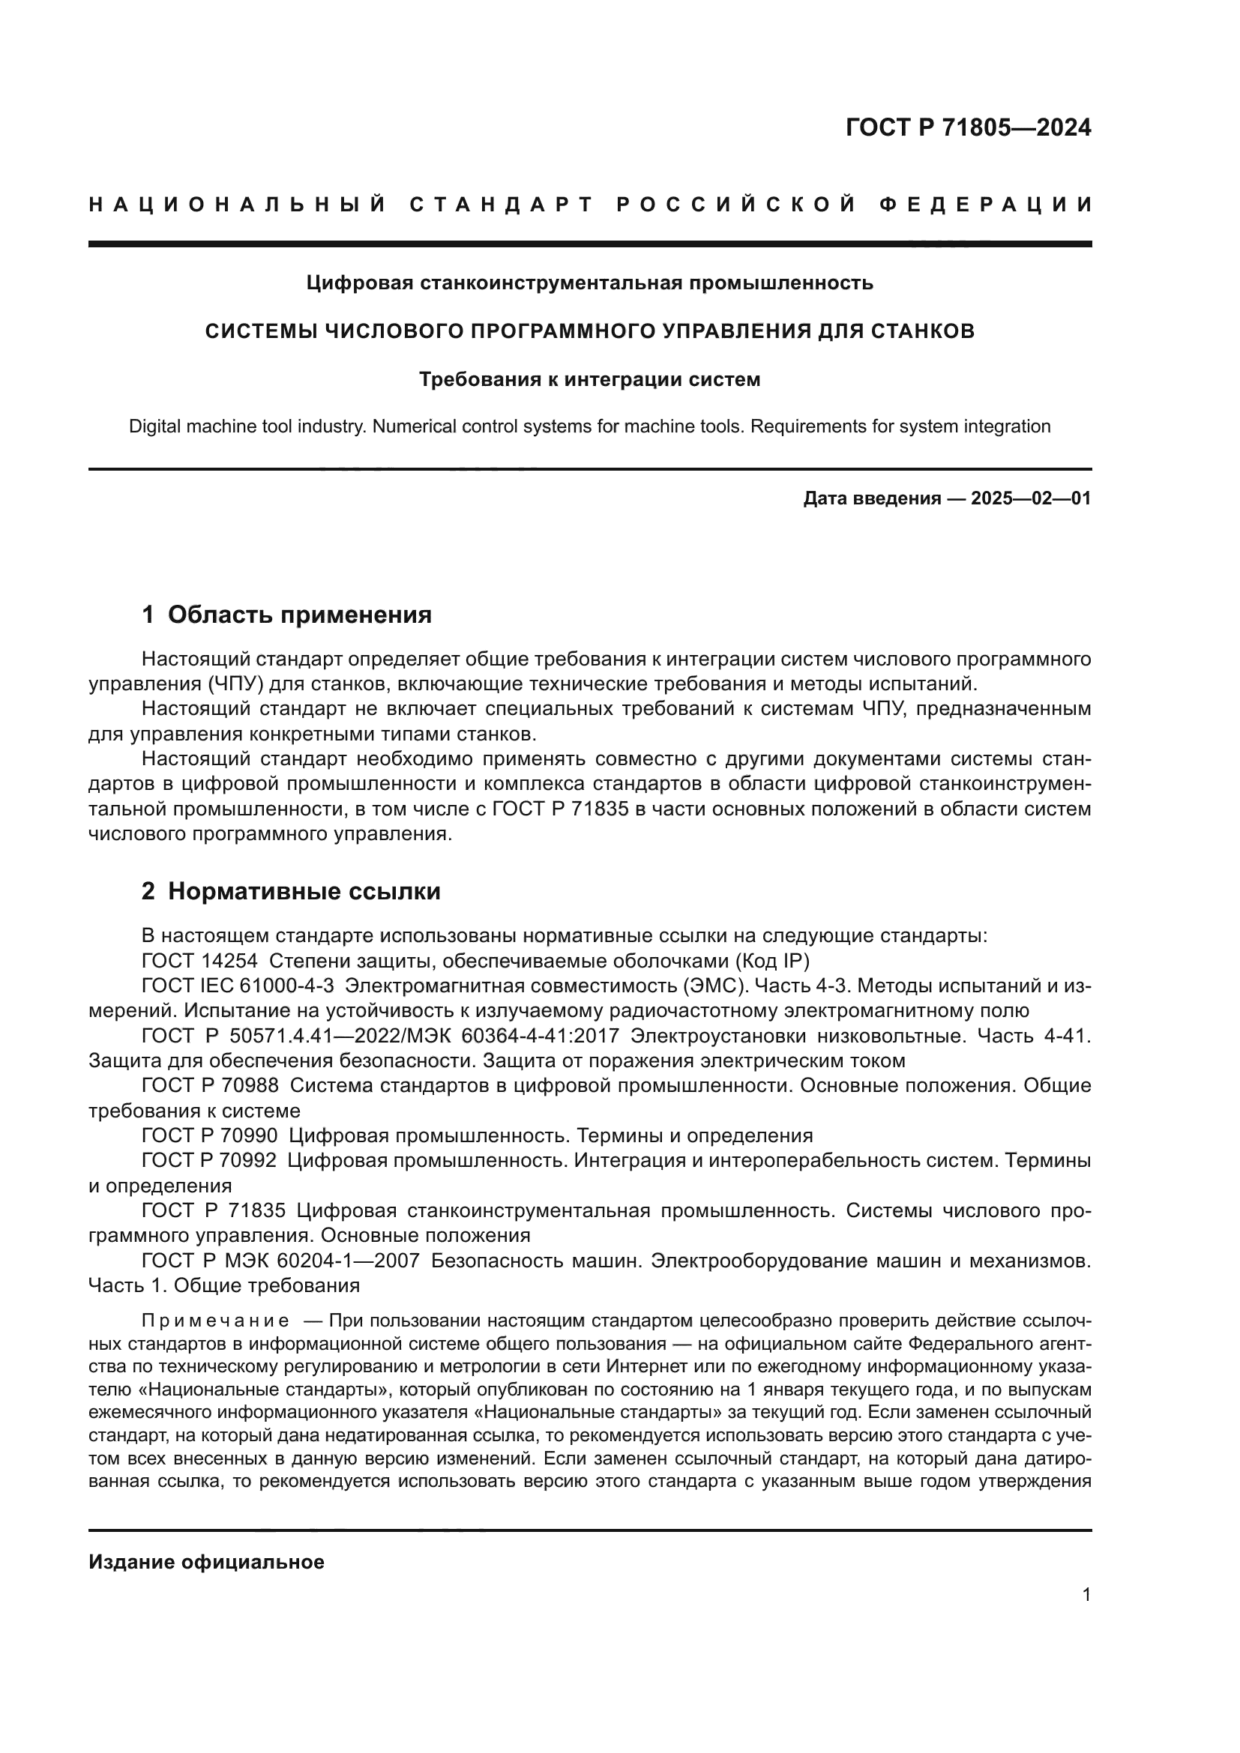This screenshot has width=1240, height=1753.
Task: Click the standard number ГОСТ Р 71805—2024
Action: (968, 127)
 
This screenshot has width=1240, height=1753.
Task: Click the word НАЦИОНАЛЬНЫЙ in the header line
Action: (238, 205)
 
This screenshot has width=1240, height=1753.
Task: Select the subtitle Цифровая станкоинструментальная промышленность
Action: (589, 283)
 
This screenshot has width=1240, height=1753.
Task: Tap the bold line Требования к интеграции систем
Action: (589, 379)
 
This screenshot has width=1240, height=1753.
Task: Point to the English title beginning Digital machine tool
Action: (589, 426)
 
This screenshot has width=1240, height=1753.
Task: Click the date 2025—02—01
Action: (1030, 498)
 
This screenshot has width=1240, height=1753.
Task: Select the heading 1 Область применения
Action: (286, 615)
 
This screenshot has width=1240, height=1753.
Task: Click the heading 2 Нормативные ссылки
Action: (291, 891)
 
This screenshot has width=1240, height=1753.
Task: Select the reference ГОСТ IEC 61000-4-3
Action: (238, 986)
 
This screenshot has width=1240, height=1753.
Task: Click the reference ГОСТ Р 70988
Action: (210, 1086)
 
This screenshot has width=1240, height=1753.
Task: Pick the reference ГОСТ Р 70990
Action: (210, 1135)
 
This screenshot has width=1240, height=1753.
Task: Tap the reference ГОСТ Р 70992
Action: (210, 1160)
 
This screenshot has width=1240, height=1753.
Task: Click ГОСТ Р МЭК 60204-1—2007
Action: (280, 1261)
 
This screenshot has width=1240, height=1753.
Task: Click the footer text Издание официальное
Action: (206, 1562)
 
